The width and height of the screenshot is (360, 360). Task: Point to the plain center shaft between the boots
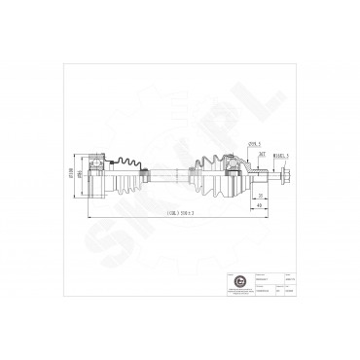(x=164, y=175)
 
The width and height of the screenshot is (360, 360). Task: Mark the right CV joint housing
(x=234, y=175)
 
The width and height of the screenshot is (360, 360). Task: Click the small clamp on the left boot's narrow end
(x=145, y=174)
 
